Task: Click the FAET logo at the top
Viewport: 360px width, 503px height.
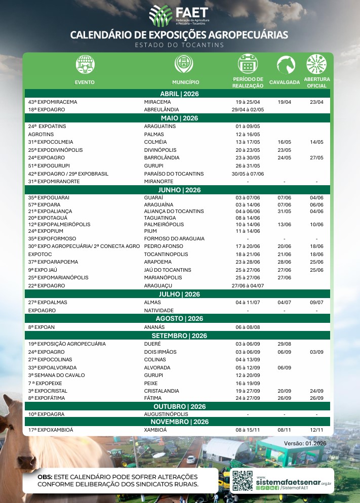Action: (x=179, y=16)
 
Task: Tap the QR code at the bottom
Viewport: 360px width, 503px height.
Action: (x=243, y=481)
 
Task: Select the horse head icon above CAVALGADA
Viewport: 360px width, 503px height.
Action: (x=286, y=65)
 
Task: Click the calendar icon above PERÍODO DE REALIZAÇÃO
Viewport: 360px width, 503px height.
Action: (x=248, y=65)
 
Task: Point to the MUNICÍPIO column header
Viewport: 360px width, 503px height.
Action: (x=185, y=82)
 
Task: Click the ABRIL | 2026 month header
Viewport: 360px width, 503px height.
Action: (x=180, y=94)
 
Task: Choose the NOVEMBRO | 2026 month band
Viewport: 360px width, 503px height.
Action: (x=180, y=422)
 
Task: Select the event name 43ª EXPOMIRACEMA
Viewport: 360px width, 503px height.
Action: (x=53, y=102)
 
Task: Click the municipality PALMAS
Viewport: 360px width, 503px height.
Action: (x=154, y=134)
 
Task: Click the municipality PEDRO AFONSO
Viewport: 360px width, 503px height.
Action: (x=164, y=245)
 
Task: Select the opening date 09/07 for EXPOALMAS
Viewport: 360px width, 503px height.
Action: (x=316, y=302)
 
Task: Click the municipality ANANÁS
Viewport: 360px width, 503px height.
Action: (x=155, y=327)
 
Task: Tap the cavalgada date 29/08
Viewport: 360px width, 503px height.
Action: (x=285, y=344)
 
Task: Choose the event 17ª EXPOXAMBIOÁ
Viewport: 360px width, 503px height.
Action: (x=51, y=430)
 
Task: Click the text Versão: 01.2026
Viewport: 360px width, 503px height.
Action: (x=305, y=443)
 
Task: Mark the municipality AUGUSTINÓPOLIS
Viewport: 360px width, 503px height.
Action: (x=166, y=414)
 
